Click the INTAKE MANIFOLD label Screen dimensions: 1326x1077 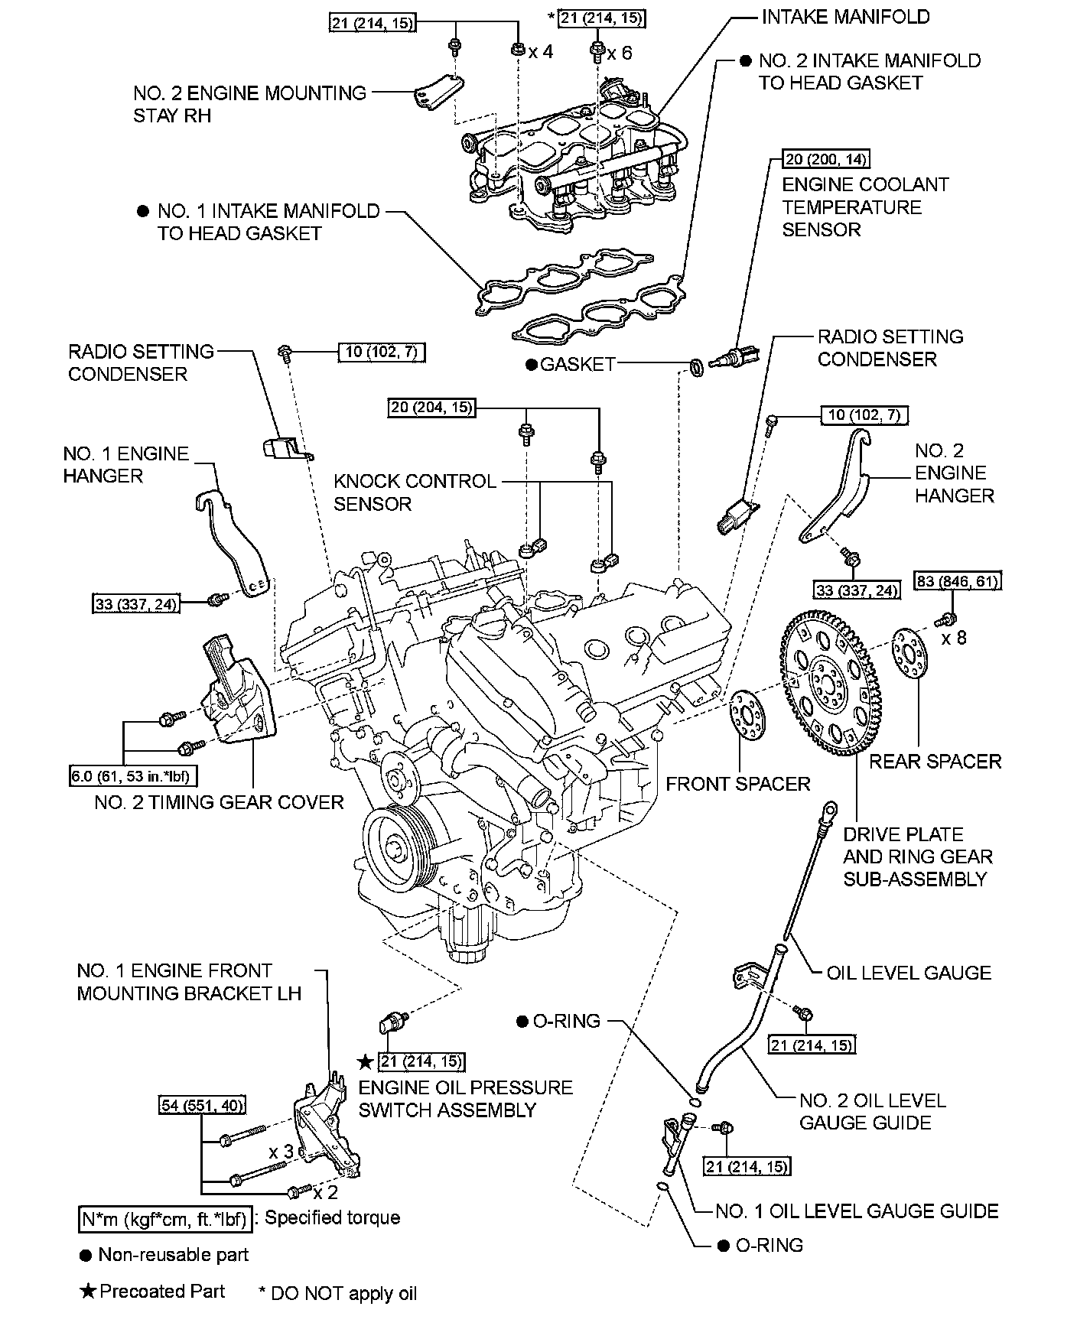[x=845, y=17]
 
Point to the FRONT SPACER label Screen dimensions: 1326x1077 [x=737, y=784]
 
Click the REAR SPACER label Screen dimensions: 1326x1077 [x=935, y=761]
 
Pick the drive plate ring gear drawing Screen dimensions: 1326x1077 [x=830, y=683]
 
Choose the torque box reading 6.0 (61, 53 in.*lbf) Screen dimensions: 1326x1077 [x=131, y=776]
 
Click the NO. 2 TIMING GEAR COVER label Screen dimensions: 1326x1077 [x=220, y=802]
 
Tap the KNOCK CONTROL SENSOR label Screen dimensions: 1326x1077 [x=415, y=492]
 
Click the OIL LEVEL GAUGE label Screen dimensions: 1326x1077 [x=909, y=973]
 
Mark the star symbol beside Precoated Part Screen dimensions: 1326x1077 [x=88, y=1292]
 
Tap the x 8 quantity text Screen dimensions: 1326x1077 [x=953, y=638]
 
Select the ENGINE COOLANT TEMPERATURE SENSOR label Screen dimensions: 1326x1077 [x=864, y=207]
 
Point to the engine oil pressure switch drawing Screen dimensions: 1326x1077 [x=395, y=1022]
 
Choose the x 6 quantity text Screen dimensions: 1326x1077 [x=620, y=52]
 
